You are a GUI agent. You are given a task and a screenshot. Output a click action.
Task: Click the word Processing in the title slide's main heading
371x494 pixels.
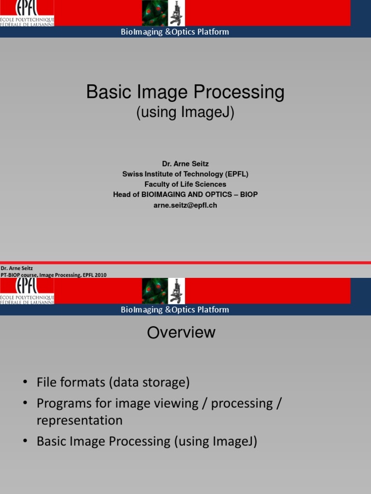pos(240,92)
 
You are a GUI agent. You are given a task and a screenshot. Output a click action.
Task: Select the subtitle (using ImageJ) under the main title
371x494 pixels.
pos(185,112)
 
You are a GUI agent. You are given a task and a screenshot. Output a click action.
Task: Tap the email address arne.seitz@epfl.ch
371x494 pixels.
pos(185,205)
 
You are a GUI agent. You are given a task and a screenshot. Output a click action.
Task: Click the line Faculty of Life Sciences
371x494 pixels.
pos(185,184)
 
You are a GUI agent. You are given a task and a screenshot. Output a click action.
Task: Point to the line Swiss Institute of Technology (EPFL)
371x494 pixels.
pos(185,174)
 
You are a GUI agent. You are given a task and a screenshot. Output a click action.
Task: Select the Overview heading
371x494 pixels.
pos(181,332)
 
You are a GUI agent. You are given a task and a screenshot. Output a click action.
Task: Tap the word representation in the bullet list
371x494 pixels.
pos(79,420)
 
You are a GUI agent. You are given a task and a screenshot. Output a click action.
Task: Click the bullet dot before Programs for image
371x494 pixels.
pos(25,403)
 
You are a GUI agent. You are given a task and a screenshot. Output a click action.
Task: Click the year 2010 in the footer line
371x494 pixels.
pos(100,275)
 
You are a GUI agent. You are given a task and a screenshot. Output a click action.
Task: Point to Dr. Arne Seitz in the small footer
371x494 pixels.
pos(16,268)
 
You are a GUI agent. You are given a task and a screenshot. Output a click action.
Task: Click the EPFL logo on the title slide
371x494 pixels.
pos(27,13)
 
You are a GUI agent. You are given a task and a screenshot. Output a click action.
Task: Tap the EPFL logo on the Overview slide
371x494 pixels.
pos(27,291)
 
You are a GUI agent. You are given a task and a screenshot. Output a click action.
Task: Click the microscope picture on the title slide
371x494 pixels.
pos(176,13)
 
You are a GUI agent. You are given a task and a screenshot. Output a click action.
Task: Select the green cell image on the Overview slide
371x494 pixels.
pos(155,291)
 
